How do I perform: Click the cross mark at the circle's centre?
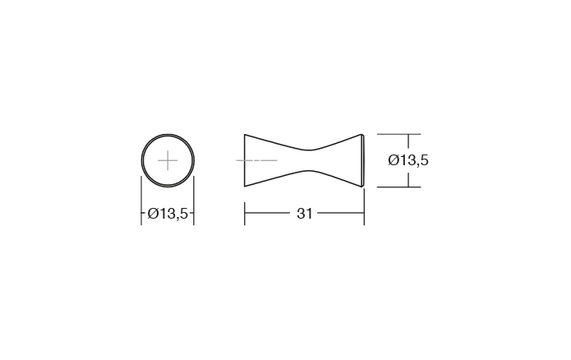[168, 159]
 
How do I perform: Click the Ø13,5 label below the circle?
[168, 214]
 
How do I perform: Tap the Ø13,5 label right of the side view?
[408, 160]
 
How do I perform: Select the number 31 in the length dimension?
[304, 214]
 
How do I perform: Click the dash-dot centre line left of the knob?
[256, 159]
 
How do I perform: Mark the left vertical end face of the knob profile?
[245, 159]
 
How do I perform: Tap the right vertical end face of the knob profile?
[362, 159]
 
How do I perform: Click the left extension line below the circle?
[141, 205]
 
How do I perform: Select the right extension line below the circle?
[194, 205]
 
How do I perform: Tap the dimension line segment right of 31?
[340, 214]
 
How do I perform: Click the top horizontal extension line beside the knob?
[398, 134]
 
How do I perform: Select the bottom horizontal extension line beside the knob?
[398, 187]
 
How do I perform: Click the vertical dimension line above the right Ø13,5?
[408, 142]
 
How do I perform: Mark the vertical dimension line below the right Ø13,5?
[408, 178]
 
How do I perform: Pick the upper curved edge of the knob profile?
[279, 142]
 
